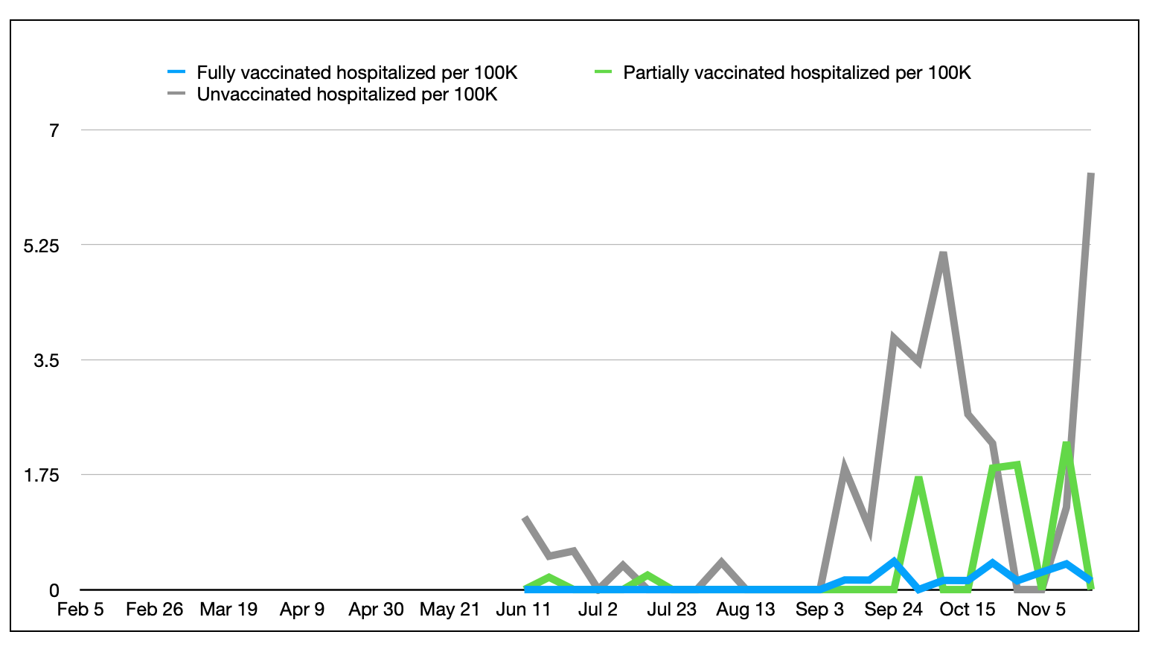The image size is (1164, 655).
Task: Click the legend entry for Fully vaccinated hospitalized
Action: point(356,73)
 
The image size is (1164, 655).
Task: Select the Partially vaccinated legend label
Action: point(796,73)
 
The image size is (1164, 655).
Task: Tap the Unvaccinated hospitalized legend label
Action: point(347,95)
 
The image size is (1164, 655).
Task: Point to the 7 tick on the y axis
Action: point(54,131)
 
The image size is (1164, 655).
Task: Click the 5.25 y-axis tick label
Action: point(41,246)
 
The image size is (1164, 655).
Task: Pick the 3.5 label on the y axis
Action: point(46,361)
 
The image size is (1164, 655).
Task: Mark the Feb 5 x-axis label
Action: point(80,610)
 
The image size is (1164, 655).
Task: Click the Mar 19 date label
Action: point(228,610)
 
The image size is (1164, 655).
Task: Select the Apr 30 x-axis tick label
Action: point(376,610)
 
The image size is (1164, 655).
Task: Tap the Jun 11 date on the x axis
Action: point(523,610)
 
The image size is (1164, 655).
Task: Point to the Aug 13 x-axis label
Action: point(745,610)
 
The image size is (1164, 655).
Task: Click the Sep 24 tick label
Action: point(893,610)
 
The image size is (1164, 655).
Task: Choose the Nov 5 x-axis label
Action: point(1041,610)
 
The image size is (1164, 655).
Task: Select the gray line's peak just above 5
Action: point(943,254)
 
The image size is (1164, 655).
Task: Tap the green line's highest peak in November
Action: point(1067,444)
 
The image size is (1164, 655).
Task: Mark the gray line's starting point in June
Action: point(525,517)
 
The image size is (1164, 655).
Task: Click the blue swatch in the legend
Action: point(176,72)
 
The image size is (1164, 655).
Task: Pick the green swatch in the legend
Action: point(603,72)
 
